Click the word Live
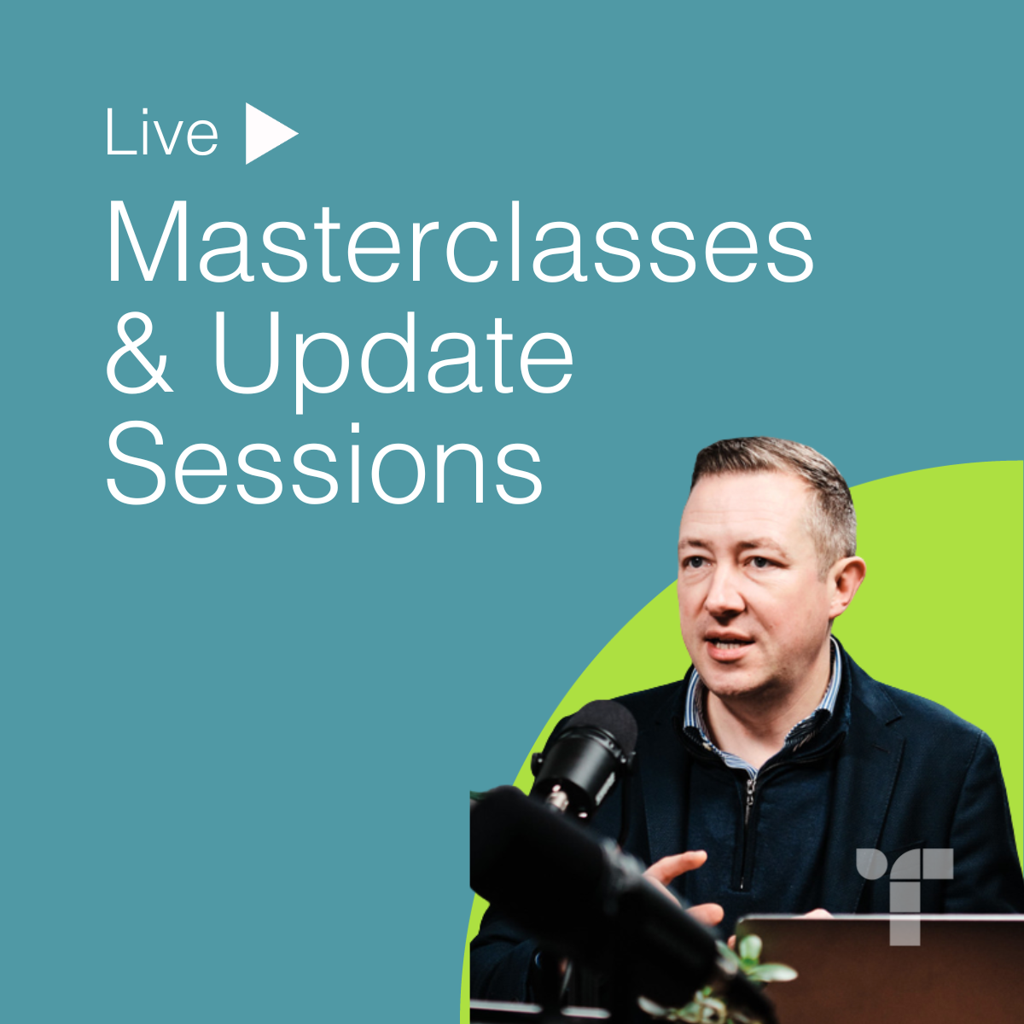(162, 131)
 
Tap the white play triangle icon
(271, 133)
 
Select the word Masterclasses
(460, 241)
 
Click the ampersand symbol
(139, 352)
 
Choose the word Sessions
(324, 463)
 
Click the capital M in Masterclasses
(148, 241)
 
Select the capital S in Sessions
(136, 463)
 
